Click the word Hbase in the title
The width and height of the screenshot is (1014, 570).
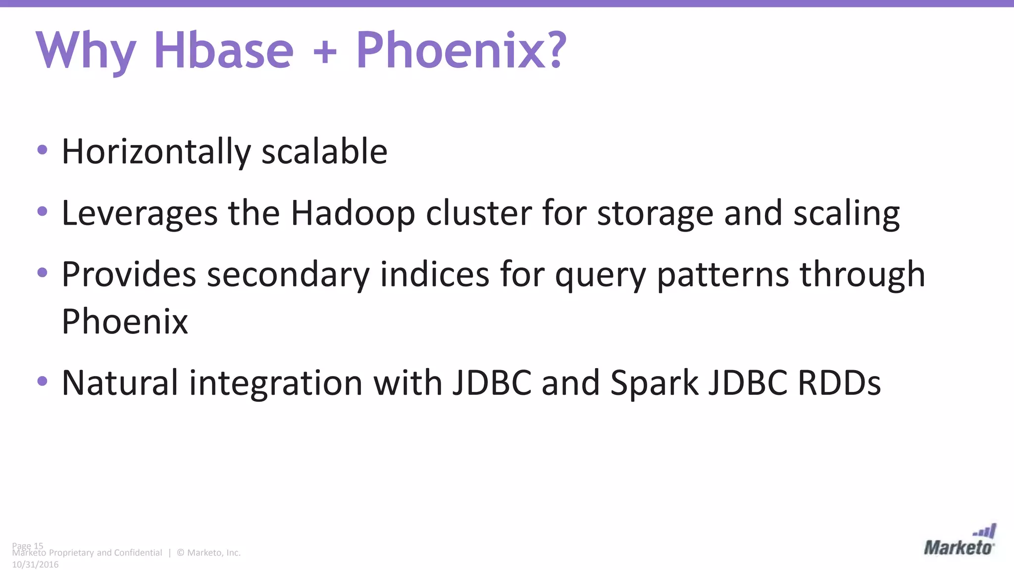(x=224, y=50)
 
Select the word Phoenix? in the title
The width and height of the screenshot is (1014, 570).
(x=461, y=50)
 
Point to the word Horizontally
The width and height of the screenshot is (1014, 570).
(x=156, y=152)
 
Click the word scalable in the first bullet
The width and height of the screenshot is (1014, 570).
(x=324, y=152)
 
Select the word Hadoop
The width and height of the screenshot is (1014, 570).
(x=353, y=214)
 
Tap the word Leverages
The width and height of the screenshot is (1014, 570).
(x=140, y=214)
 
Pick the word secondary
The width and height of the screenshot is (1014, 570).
(x=288, y=275)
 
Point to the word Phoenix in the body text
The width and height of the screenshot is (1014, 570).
(x=125, y=322)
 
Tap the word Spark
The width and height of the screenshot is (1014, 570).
(x=654, y=383)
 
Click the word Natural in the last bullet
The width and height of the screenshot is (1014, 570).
(x=120, y=383)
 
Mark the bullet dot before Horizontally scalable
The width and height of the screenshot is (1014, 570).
(x=43, y=149)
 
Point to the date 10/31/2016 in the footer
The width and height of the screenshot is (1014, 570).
(x=35, y=565)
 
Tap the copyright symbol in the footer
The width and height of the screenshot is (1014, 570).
(x=180, y=553)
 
